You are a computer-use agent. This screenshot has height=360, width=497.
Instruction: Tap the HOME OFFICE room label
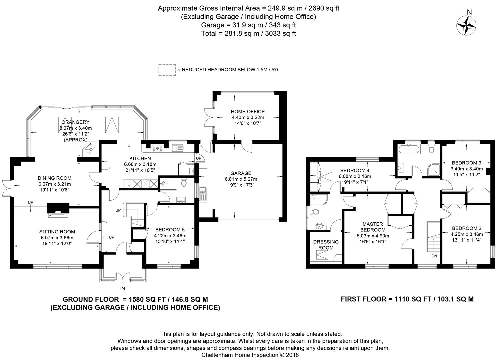click(248, 112)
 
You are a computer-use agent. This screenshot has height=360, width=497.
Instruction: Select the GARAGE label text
click(241, 173)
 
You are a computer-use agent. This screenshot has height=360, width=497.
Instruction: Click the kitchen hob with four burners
click(158, 148)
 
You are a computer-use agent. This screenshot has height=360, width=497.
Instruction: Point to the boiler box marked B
click(191, 171)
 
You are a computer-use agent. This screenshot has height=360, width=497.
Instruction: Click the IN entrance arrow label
click(122, 288)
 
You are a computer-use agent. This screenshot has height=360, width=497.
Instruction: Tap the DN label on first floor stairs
click(434, 256)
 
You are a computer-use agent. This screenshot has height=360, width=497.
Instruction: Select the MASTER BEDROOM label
click(373, 227)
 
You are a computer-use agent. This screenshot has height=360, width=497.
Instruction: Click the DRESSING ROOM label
click(326, 245)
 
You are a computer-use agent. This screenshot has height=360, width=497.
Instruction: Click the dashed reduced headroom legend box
click(167, 70)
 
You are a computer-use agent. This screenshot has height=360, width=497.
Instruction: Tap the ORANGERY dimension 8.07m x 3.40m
click(75, 128)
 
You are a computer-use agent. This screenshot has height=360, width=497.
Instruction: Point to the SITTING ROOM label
click(57, 232)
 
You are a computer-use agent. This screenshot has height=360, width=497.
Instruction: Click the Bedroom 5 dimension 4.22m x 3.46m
click(170, 236)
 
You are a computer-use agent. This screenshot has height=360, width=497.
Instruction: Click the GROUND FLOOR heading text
click(91, 299)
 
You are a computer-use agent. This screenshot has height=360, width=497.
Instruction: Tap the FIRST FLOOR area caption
click(407, 299)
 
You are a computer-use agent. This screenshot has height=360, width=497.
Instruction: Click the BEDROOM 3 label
click(466, 163)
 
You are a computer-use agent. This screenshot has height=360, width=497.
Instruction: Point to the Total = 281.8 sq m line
click(249, 33)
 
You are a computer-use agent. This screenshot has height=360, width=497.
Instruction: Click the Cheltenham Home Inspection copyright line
click(250, 355)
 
